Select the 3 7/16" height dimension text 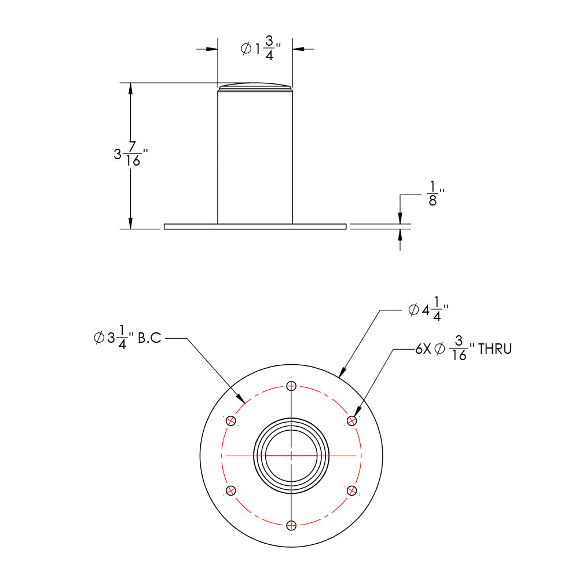pos(131,155)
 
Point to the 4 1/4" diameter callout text pos(428,310)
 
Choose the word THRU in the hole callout pos(494,349)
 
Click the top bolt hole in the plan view pos(291,385)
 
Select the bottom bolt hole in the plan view pos(291,525)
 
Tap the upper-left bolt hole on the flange pos(231,420)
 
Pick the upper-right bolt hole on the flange pos(351,420)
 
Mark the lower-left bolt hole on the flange pos(231,490)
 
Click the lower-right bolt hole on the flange pos(351,490)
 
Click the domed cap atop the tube pos(255,87)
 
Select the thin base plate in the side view pos(255,226)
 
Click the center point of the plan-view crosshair pos(291,456)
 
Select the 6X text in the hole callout pos(423,349)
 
